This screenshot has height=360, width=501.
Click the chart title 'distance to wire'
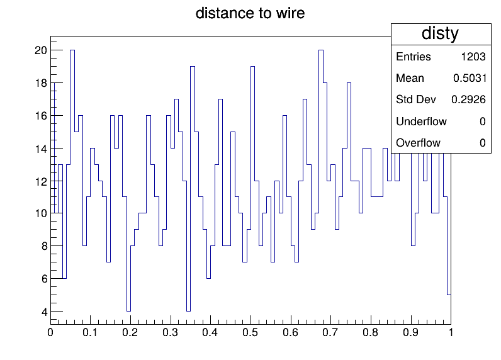(250, 13)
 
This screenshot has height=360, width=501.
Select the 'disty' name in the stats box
(440, 33)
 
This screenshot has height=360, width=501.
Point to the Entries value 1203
(473, 57)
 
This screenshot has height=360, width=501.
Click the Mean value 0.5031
(470, 78)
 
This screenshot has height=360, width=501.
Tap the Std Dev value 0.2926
(468, 99)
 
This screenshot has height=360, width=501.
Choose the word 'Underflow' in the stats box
(421, 121)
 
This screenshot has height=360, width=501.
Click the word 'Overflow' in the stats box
(419, 143)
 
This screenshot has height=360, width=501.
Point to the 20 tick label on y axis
(40, 50)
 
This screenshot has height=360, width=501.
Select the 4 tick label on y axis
(44, 312)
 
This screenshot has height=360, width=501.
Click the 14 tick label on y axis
(40, 149)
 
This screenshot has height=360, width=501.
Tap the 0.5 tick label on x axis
(250, 332)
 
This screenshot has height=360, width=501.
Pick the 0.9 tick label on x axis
(410, 332)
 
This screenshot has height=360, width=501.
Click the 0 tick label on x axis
(50, 332)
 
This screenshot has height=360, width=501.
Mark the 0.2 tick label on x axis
(130, 332)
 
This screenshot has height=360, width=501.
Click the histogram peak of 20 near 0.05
(72, 50)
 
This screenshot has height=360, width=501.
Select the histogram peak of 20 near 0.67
(321, 50)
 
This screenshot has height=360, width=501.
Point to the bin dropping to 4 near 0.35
(189, 311)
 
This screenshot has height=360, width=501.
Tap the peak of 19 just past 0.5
(253, 67)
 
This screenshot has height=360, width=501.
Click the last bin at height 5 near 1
(449, 295)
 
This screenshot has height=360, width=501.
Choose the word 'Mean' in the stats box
(410, 78)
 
